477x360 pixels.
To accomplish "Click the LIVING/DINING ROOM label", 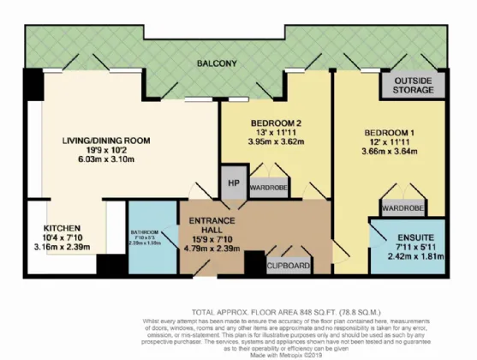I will [x=106, y=141].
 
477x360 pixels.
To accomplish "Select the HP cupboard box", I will [x=232, y=183].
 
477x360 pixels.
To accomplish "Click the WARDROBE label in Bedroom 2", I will [x=268, y=186].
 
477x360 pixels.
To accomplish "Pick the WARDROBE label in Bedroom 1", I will [x=402, y=207].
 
